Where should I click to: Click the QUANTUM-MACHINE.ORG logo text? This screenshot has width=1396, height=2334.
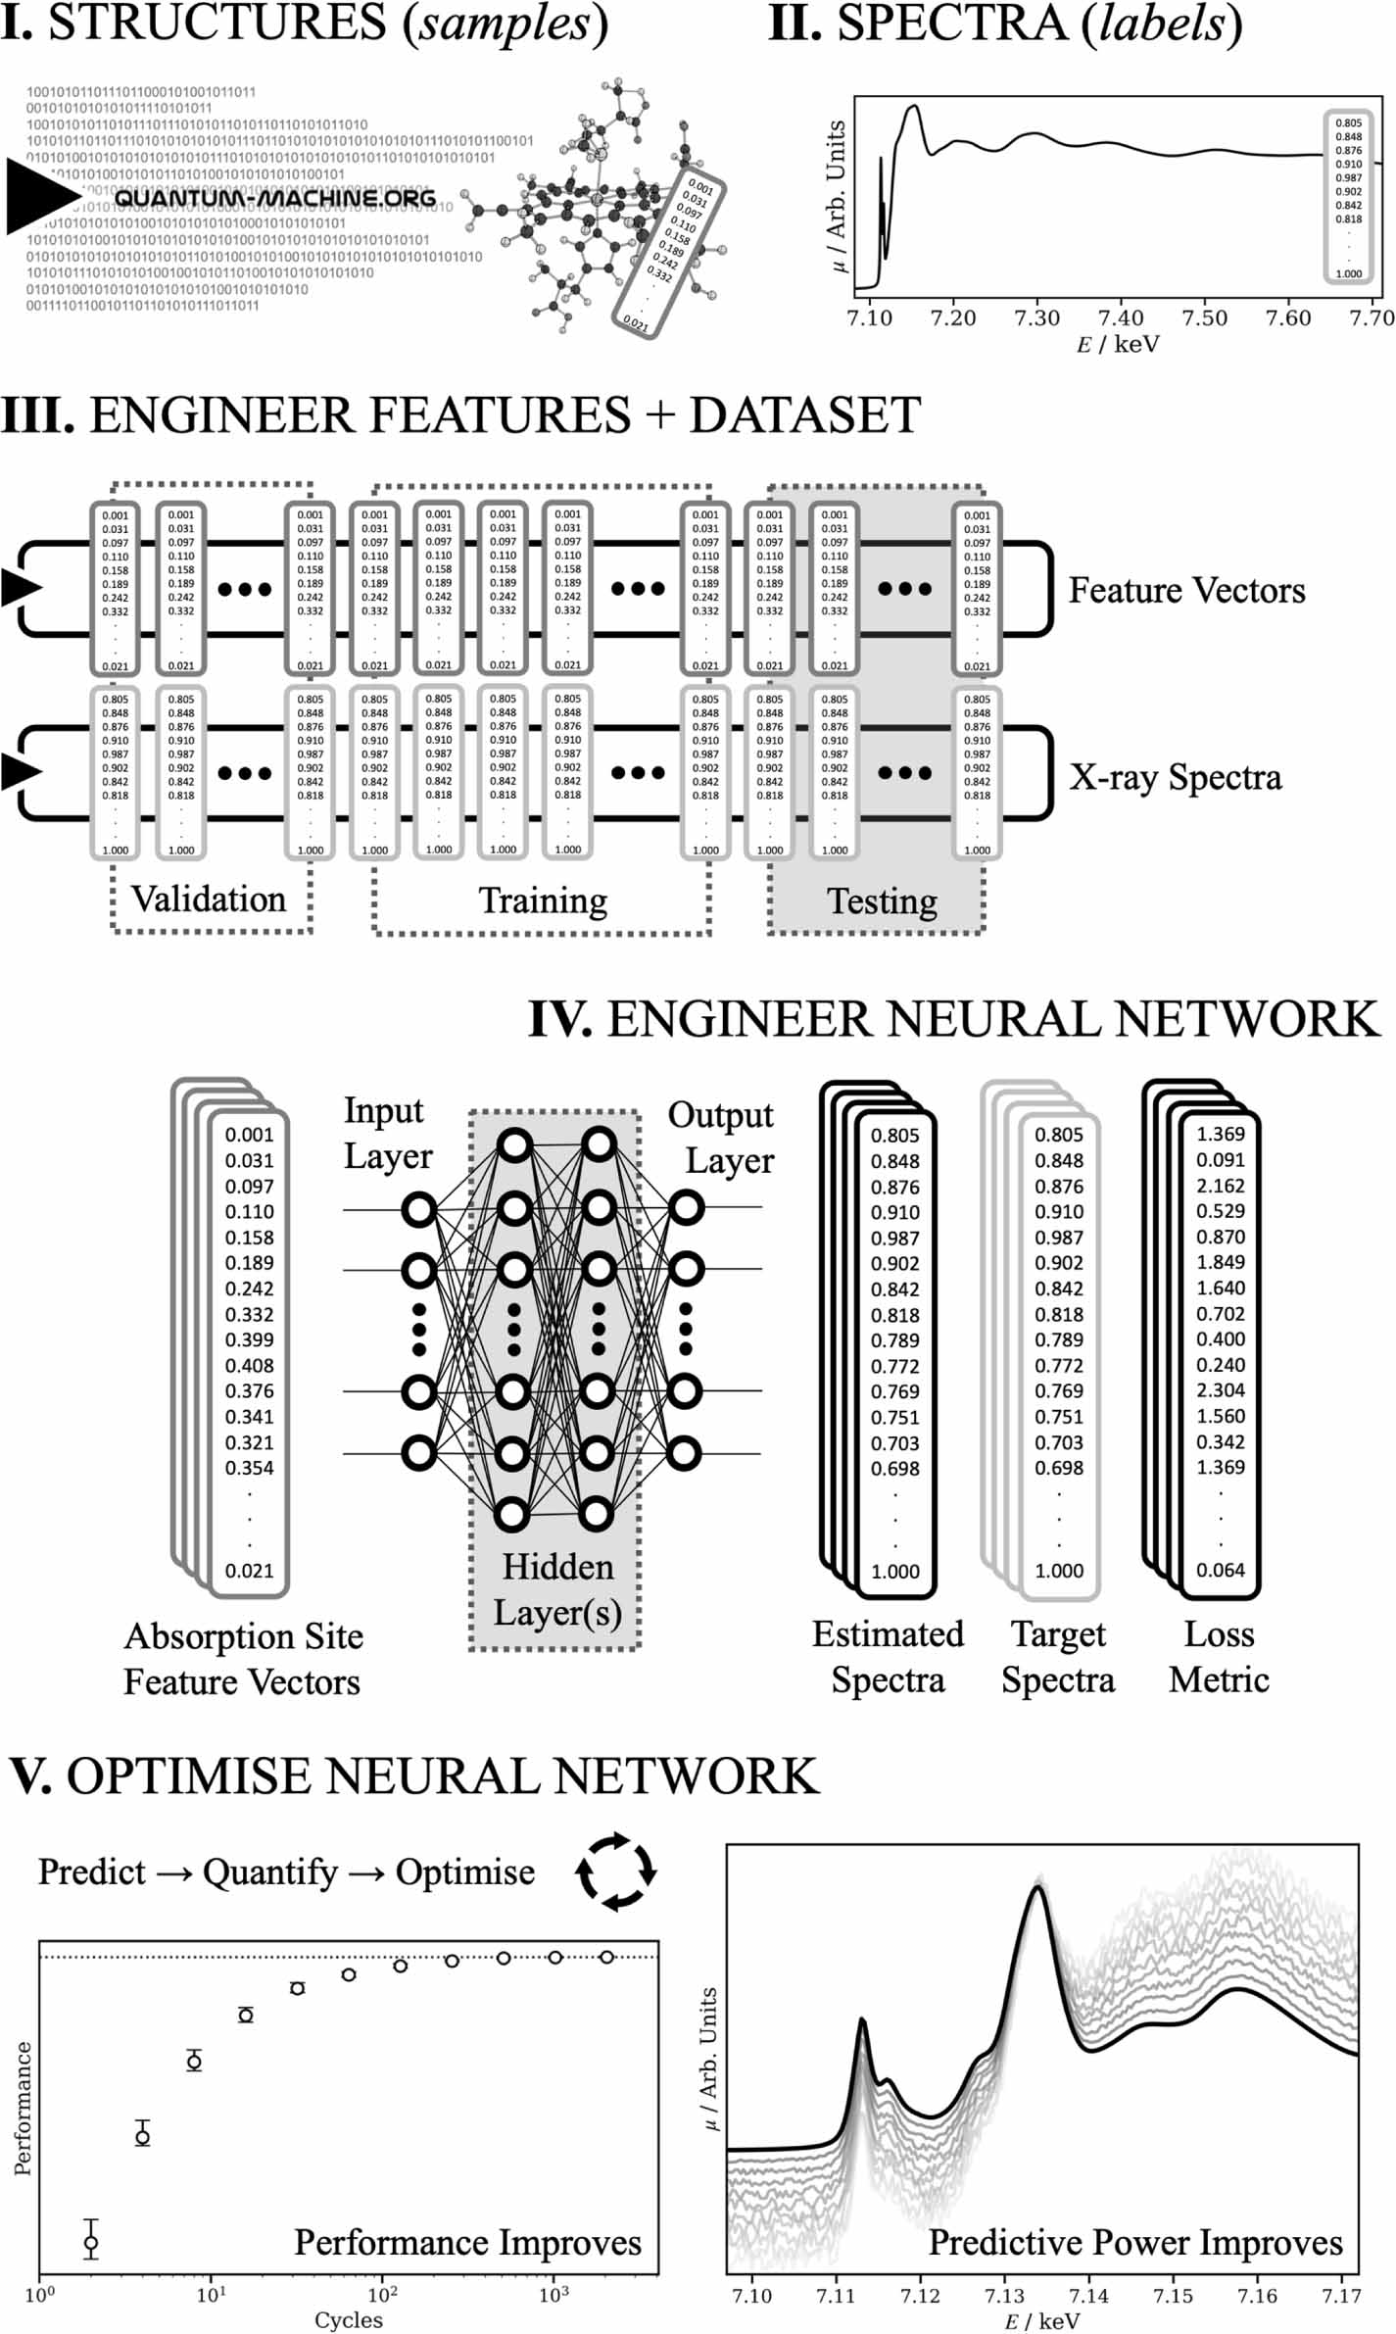275,198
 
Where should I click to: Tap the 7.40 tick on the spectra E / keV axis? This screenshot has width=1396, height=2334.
1120,318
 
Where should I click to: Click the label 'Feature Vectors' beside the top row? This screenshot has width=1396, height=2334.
1186,591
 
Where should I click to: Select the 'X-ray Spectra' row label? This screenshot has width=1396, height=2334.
1175,777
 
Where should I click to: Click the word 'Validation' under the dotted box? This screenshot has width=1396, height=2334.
209,900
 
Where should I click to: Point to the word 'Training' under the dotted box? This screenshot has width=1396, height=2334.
543,900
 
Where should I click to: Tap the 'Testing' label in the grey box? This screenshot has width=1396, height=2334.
882,901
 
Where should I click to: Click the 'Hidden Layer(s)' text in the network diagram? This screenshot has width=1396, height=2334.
557,1589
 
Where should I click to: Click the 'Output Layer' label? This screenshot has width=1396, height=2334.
722,1138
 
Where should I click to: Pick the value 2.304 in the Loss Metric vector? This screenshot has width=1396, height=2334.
1221,1390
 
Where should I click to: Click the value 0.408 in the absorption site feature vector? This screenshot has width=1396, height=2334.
249,1366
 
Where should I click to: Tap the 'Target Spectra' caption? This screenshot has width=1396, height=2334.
1058,1657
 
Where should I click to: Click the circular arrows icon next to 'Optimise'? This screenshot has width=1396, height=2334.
615,1872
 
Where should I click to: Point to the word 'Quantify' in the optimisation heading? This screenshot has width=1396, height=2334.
269,1872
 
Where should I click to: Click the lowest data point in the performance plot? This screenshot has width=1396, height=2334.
91,2242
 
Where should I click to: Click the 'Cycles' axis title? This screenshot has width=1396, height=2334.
348,2320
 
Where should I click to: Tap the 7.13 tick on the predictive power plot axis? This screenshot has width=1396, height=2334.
1004,2296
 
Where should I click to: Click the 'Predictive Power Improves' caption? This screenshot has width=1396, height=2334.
1134,2243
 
